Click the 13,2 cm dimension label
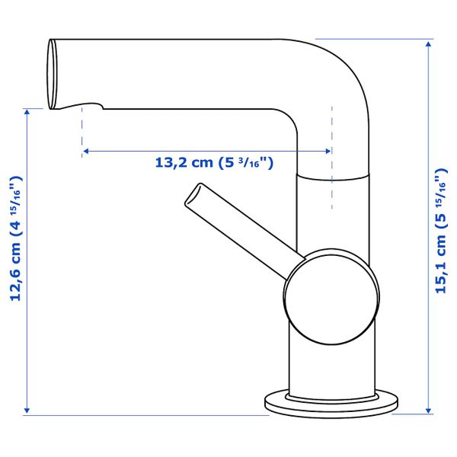tap(214, 163)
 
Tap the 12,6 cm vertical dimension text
tap(15, 238)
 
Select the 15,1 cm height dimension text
tap(441, 230)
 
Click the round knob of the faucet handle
tap(331, 297)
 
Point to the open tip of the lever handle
tap(193, 195)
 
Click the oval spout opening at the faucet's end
tap(53, 74)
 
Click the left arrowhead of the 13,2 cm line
tap(85, 151)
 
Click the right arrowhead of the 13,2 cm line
tap(328, 151)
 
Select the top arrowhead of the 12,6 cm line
tap(27, 112)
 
